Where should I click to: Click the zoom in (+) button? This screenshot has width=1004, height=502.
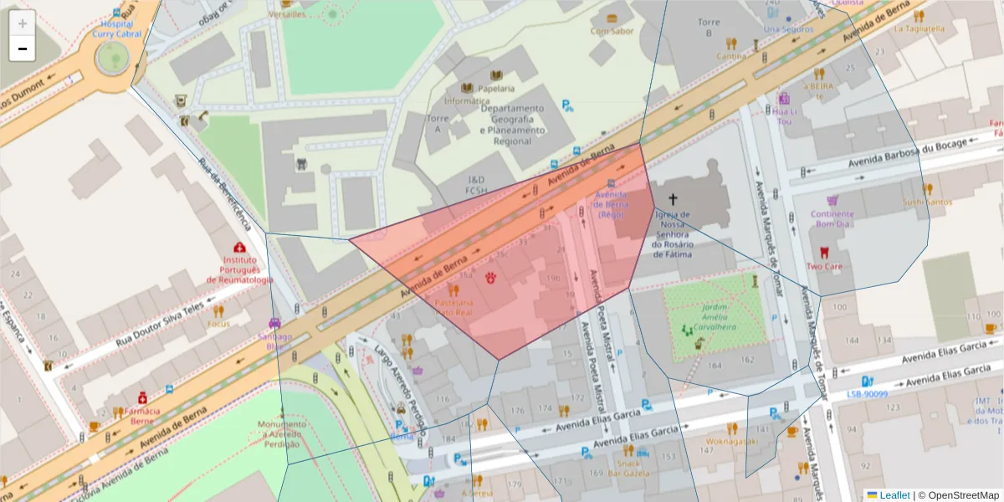point(23,23)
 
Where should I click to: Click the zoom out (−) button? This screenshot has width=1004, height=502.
point(23,49)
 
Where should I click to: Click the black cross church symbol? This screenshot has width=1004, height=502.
point(672,199)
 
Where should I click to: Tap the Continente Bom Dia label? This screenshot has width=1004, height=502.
point(832,218)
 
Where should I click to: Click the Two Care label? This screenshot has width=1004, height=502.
point(824,266)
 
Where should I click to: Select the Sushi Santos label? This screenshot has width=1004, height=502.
point(927,202)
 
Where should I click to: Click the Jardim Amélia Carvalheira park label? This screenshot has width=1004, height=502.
point(714,312)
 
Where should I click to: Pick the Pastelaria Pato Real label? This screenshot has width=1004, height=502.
point(454,306)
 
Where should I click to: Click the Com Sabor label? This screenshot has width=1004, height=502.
point(612,31)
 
